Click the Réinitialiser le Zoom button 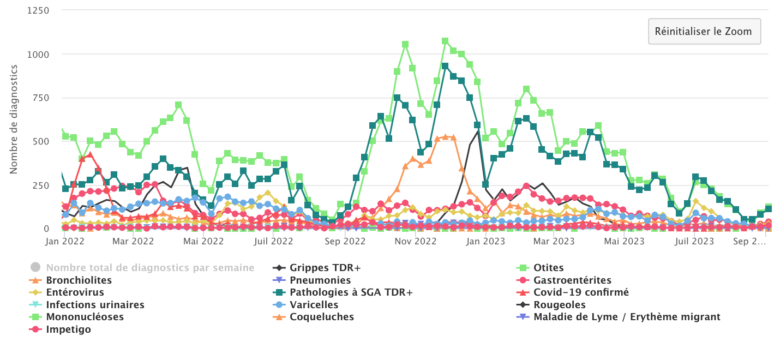[704, 31]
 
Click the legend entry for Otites [549, 268]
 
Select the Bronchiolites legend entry [79, 280]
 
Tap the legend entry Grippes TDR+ [325, 268]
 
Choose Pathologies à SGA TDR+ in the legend [351, 292]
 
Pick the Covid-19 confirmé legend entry [581, 292]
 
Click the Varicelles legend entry [314, 305]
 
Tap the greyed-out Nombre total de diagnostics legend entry [150, 268]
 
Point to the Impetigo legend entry [69, 329]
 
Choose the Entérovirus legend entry [75, 292]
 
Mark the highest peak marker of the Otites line [445, 41]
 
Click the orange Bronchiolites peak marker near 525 [446, 137]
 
